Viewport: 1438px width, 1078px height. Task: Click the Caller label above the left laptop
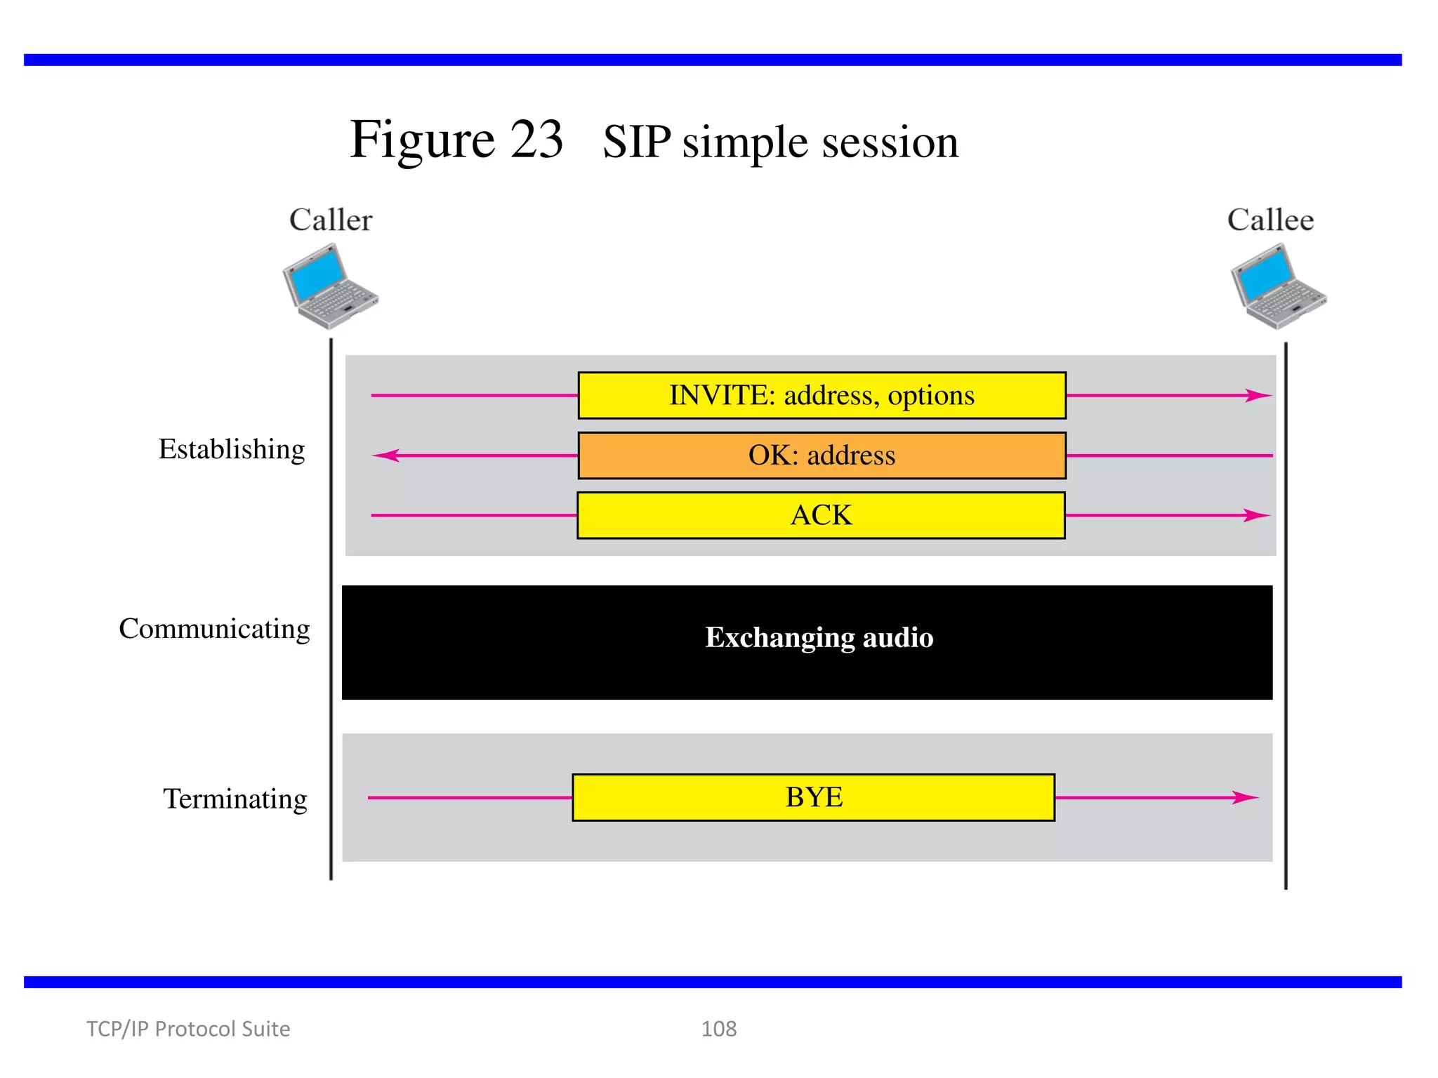[x=331, y=220]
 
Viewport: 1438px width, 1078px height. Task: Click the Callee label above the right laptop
[x=1270, y=220]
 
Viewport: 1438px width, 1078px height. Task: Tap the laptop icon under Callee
[x=1278, y=286]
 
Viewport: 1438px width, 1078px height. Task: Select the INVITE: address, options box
[x=822, y=396]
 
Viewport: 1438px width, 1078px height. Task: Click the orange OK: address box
[x=822, y=455]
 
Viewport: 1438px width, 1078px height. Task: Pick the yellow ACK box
[x=821, y=515]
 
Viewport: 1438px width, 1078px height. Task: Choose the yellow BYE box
[x=813, y=797]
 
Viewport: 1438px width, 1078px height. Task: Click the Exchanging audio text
[x=819, y=637]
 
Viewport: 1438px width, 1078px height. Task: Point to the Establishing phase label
[x=232, y=449]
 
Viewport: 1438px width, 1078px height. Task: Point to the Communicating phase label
[x=214, y=629]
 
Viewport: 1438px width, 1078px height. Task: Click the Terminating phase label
[x=235, y=799]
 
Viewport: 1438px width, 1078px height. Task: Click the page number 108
[x=718, y=1029]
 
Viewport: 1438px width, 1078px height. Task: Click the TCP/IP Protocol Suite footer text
[x=188, y=1029]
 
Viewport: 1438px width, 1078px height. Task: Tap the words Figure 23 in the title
[x=456, y=140]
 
